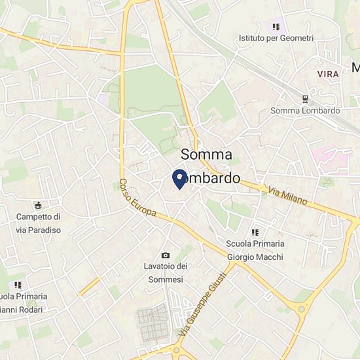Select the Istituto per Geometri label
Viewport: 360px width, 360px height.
point(276,39)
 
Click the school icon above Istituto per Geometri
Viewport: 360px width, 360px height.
point(276,27)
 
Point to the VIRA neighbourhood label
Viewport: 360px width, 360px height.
point(328,74)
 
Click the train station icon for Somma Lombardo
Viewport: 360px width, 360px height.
point(306,99)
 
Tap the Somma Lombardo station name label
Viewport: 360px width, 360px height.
point(306,111)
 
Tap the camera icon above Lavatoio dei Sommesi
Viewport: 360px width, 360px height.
point(166,255)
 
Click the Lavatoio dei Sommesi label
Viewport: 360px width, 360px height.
point(166,272)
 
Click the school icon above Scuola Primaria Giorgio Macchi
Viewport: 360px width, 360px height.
point(255,232)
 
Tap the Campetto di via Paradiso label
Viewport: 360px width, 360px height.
point(39,223)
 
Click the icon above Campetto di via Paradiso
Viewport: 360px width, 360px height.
point(38,206)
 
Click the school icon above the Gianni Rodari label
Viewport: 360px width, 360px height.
point(18,285)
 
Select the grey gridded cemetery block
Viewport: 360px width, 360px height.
point(156,323)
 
